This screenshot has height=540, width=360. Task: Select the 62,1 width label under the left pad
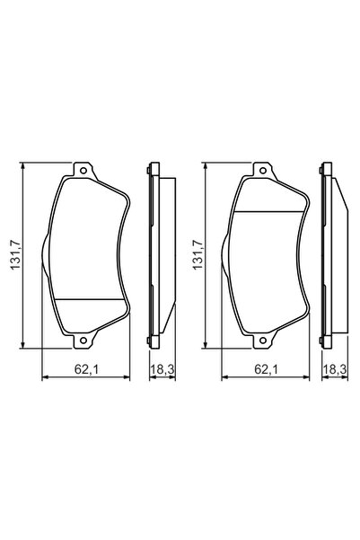pyautogui.click(x=86, y=367)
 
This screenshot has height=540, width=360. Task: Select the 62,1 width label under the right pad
pyautogui.click(x=266, y=367)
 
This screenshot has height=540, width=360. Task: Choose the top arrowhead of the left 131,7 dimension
pyautogui.click(x=22, y=166)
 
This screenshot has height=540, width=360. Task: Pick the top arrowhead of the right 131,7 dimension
pyautogui.click(x=206, y=166)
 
